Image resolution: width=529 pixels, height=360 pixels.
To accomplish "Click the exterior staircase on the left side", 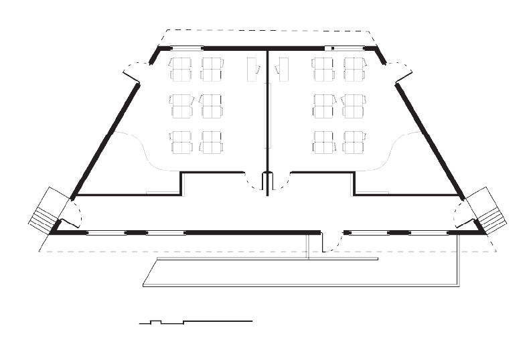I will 44,209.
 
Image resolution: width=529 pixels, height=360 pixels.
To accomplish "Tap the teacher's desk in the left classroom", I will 253,70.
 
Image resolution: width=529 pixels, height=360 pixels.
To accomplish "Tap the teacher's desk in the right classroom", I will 283,70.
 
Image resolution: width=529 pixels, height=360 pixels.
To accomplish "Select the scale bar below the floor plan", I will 195,323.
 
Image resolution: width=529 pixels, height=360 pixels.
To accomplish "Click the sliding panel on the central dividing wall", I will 268,115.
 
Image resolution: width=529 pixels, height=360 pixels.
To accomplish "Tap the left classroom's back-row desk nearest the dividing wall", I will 212,142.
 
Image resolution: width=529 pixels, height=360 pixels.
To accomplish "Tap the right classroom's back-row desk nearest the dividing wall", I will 323,142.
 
